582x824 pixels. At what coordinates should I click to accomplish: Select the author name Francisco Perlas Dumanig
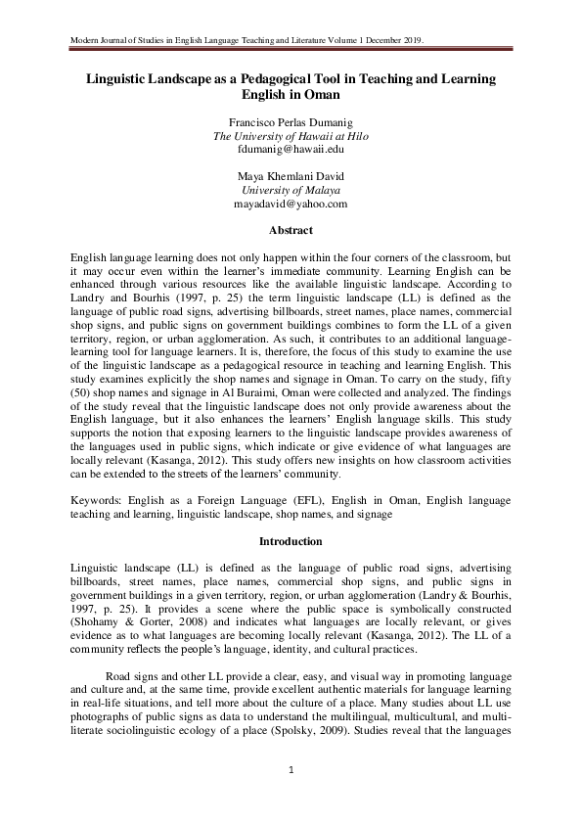[291, 122]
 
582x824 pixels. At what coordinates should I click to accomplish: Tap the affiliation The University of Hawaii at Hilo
[291, 137]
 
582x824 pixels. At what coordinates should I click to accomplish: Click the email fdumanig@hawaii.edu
[291, 151]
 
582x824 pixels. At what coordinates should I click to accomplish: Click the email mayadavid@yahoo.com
[291, 206]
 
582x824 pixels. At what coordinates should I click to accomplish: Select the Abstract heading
[291, 231]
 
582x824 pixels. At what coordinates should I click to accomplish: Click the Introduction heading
[291, 541]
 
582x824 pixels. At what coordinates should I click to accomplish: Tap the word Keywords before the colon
[102, 500]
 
